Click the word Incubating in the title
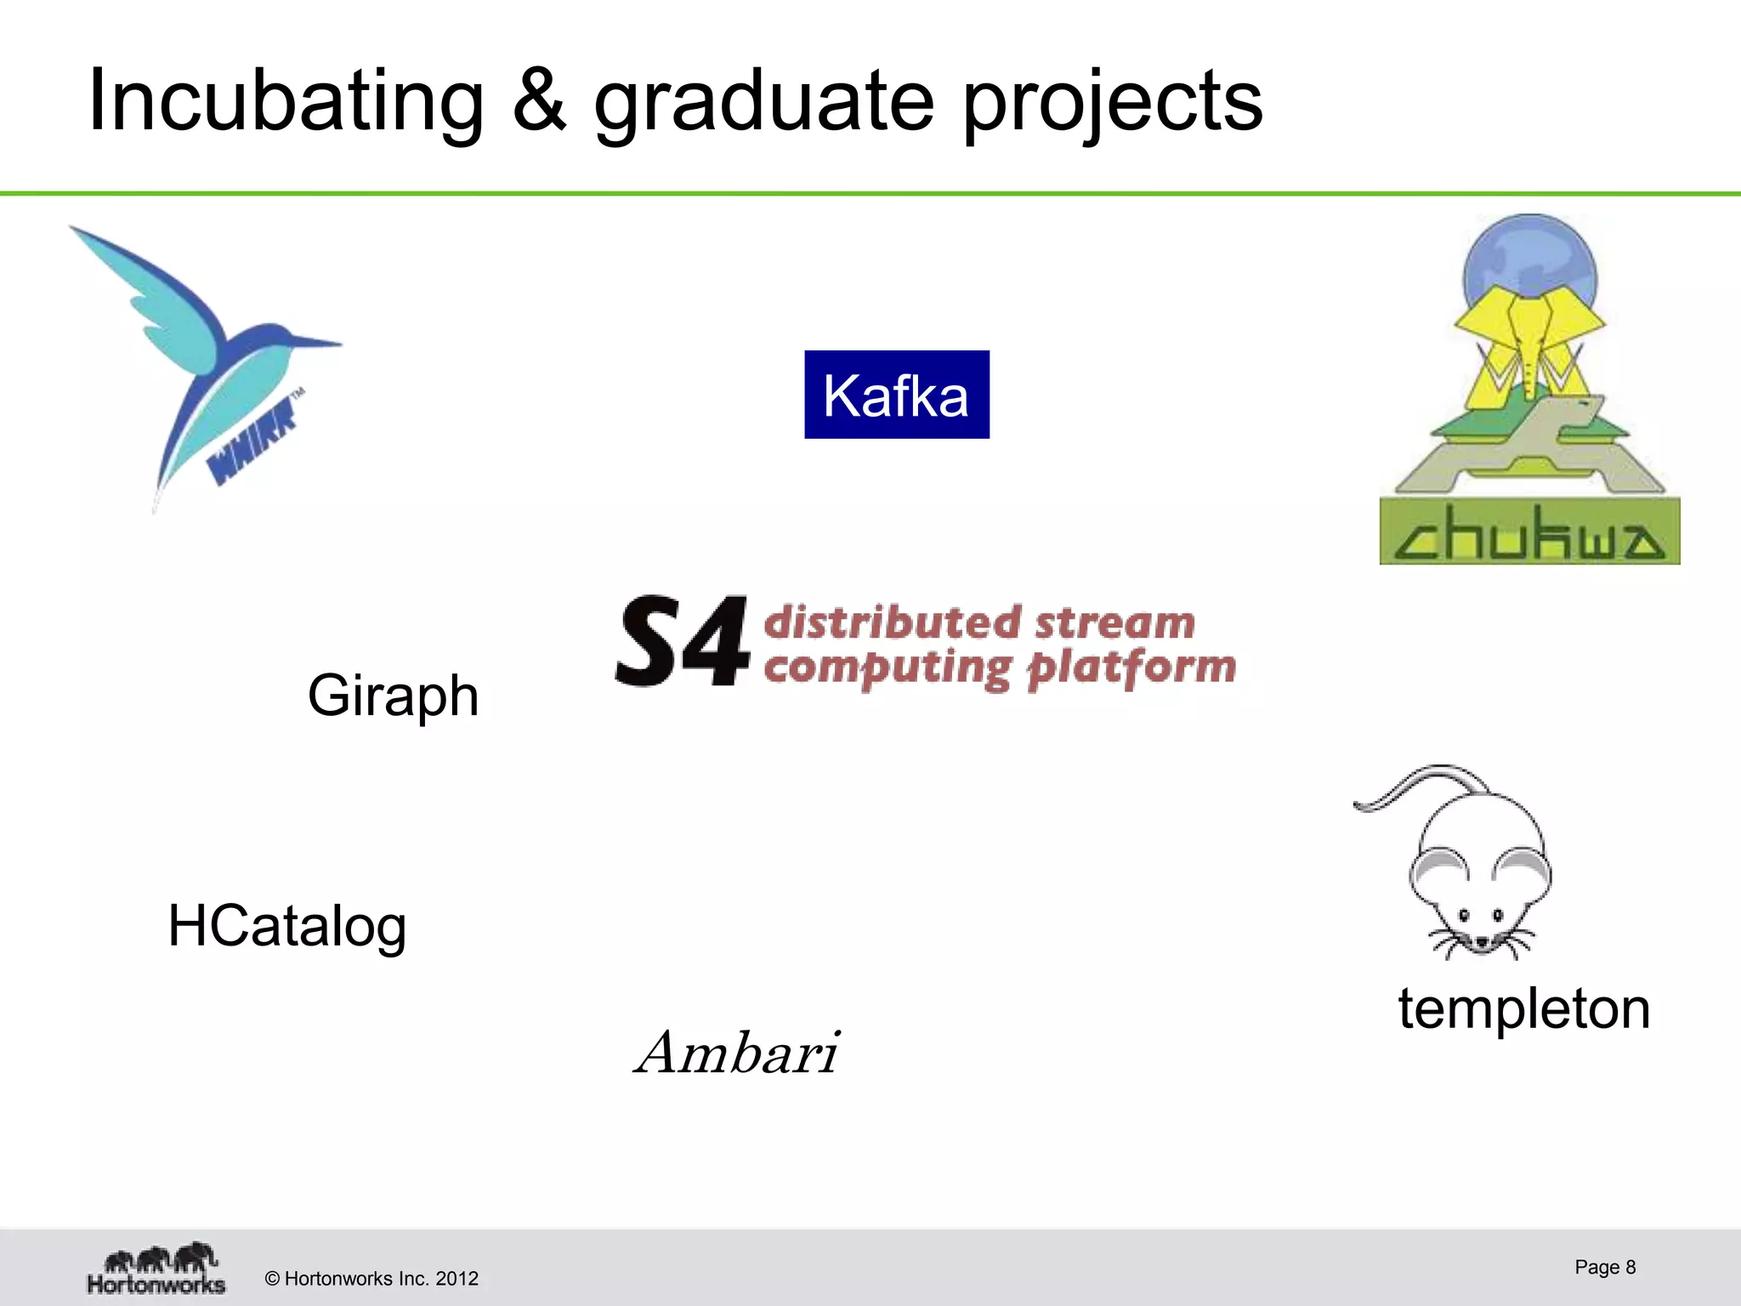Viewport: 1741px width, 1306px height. coord(285,102)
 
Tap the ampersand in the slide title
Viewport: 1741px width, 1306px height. coord(539,102)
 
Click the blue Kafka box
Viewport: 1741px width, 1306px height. coord(896,395)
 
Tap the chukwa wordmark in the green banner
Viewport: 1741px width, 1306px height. coord(1528,534)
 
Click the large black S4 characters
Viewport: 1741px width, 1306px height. coord(683,641)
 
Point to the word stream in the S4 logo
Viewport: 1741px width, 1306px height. coord(1114,623)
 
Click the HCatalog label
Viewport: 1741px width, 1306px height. coord(287,927)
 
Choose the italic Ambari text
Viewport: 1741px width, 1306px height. coord(738,1053)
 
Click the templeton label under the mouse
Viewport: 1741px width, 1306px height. coord(1523,1009)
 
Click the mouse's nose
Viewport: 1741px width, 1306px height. coord(1482,942)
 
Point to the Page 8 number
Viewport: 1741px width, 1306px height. coord(1604,1267)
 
